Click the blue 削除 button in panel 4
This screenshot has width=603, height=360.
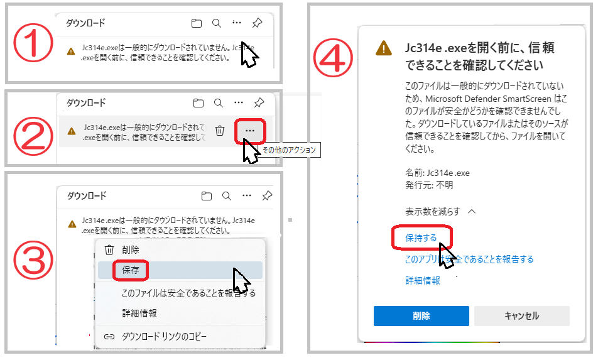click(421, 316)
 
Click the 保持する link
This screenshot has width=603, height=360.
click(421, 237)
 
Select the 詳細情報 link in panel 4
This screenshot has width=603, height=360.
click(423, 280)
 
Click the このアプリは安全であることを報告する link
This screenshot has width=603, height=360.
click(469, 259)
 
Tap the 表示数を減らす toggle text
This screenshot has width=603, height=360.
click(433, 212)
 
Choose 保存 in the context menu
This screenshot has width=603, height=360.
click(131, 270)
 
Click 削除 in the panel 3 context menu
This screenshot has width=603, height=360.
click(131, 250)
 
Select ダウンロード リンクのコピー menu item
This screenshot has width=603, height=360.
click(164, 337)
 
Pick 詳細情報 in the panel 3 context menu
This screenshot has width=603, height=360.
click(139, 313)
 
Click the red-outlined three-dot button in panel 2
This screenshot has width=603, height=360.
click(250, 131)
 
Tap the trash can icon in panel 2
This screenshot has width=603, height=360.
click(220, 131)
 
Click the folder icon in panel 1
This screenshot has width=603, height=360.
click(197, 23)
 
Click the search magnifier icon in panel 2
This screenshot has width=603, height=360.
click(219, 103)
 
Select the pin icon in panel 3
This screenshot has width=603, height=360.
click(267, 196)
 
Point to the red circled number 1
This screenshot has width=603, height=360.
click(33, 43)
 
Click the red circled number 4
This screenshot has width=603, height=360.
click(333, 58)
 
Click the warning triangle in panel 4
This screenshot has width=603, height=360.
click(384, 48)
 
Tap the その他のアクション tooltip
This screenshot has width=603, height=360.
click(289, 150)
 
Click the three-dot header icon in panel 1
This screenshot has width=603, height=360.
click(237, 23)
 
